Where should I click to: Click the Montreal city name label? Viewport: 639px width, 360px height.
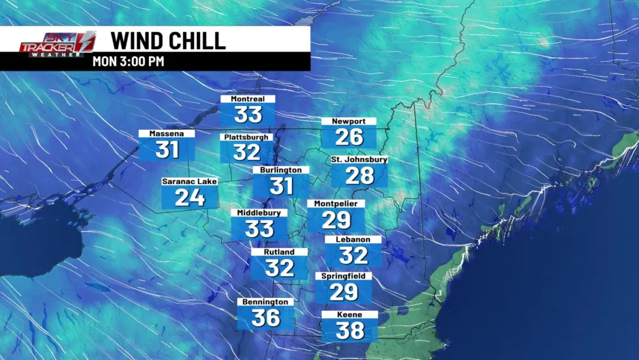coord(248,99)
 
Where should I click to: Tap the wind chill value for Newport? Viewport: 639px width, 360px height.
coord(349,136)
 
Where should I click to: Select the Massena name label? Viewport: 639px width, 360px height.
coord(166,134)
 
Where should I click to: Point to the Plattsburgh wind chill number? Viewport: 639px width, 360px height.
coord(247,152)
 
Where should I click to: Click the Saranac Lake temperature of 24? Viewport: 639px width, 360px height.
coord(190,198)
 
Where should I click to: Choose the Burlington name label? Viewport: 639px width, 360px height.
coord(281,170)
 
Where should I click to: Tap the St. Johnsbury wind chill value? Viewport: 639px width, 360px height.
coord(359,175)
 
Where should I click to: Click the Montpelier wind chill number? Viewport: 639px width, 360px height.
coord(336,220)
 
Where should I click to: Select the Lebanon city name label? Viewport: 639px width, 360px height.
coord(353,240)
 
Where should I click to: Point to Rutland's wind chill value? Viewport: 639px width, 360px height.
coord(279,267)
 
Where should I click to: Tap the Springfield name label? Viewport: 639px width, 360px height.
coord(343,276)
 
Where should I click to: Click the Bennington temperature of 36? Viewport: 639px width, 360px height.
coord(265,317)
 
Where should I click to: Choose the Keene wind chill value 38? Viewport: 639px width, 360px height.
coord(350,330)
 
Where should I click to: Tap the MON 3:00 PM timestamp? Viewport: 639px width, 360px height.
coord(128,62)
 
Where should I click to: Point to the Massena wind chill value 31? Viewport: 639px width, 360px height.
coord(167,150)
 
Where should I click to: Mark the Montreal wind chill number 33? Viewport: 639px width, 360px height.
coord(248,115)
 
